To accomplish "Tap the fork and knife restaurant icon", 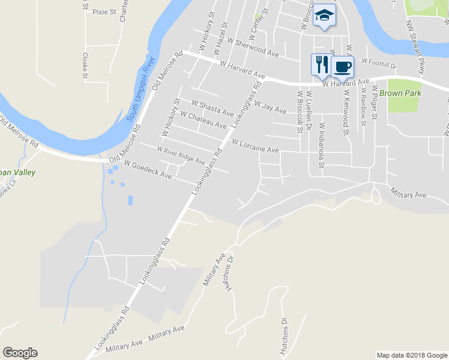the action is point(321,64).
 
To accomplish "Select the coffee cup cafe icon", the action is point(342,66).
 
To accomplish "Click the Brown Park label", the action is point(400,93).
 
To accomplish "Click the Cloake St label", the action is point(85,65).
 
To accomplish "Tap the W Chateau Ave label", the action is point(203,119).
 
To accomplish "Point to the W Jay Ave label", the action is point(270,107).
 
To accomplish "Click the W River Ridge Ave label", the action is point(181,155).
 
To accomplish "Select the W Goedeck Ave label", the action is point(148,169).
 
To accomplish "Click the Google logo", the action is point(20,353).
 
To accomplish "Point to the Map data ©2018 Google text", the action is point(411,355).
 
